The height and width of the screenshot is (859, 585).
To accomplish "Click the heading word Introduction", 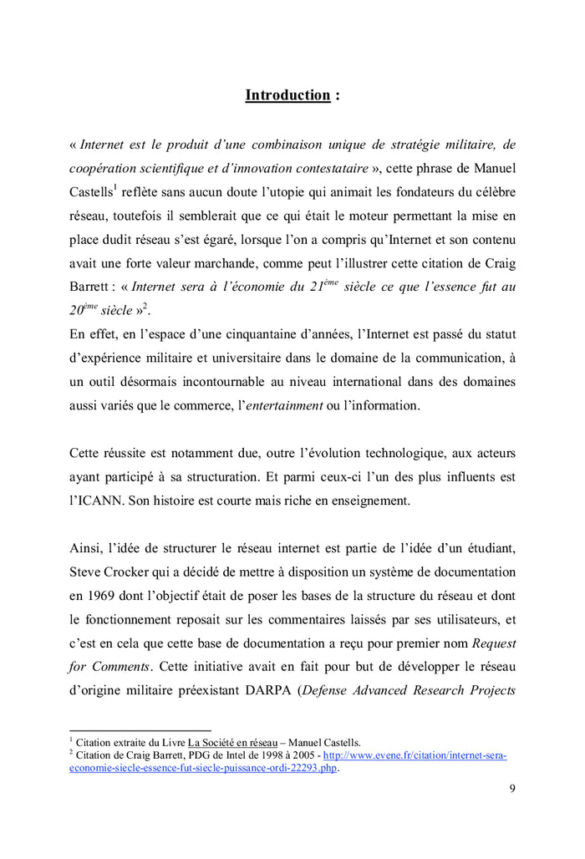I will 287,95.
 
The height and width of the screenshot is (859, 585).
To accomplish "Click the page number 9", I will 511,787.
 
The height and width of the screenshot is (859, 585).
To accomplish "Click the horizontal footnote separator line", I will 140,729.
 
